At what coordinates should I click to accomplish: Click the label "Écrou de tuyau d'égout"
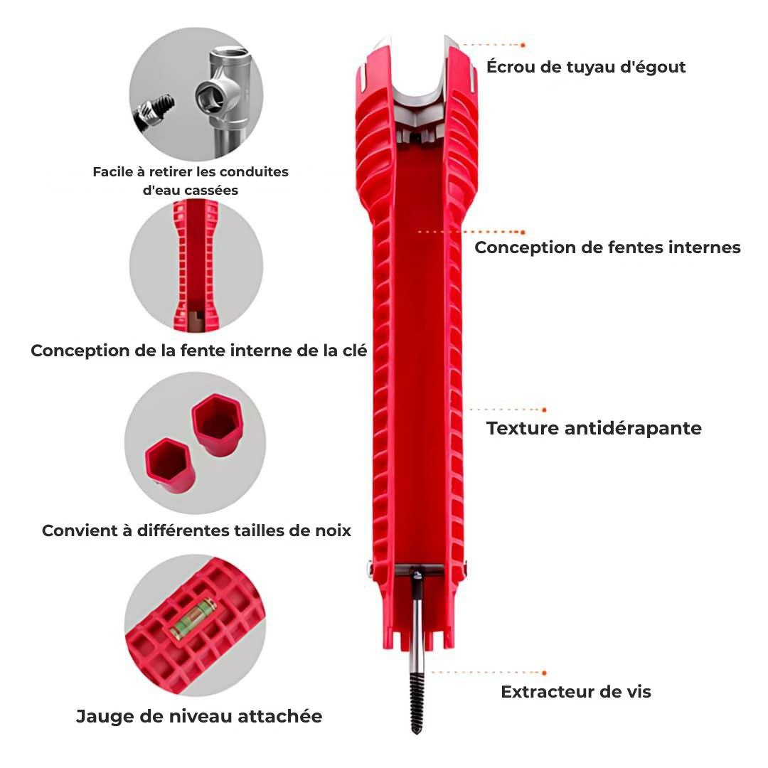pyautogui.click(x=586, y=68)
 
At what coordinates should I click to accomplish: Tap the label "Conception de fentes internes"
pyautogui.click(x=607, y=247)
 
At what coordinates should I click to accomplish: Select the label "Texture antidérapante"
pyautogui.click(x=594, y=428)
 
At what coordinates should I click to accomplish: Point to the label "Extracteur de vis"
pyautogui.click(x=576, y=691)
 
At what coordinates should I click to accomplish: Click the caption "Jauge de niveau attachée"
pyautogui.click(x=199, y=716)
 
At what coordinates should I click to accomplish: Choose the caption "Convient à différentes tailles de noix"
pyautogui.click(x=196, y=530)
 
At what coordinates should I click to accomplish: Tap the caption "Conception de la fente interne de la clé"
pyautogui.click(x=199, y=351)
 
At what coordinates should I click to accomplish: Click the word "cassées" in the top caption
pyautogui.click(x=210, y=190)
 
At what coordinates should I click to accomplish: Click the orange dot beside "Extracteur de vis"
pyautogui.click(x=544, y=672)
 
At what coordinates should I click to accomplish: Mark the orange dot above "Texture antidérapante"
pyautogui.click(x=544, y=410)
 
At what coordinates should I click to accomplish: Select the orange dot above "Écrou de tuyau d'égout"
pyautogui.click(x=523, y=45)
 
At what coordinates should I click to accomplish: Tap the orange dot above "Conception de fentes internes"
pyautogui.click(x=523, y=232)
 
